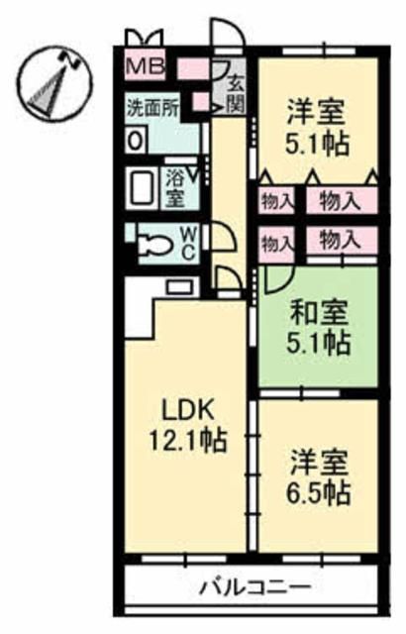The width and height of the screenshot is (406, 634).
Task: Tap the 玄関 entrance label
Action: coord(236,94)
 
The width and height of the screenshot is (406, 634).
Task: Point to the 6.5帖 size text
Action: coord(320,491)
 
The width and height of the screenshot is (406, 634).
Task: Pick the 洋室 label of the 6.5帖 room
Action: coord(319,462)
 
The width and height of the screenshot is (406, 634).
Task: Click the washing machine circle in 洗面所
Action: coord(133,138)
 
